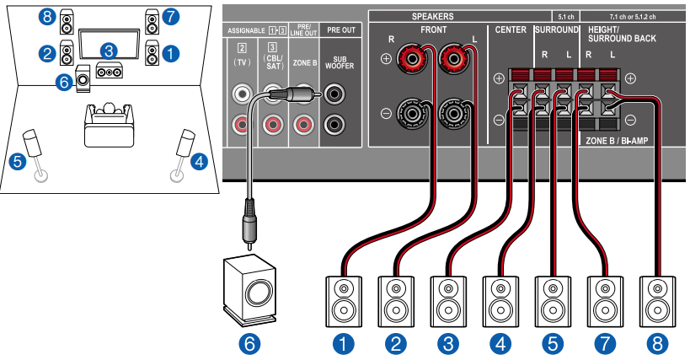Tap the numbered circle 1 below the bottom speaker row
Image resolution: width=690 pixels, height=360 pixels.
342,343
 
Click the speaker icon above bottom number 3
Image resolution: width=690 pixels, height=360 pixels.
447,298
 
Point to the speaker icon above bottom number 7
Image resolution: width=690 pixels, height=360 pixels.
605,298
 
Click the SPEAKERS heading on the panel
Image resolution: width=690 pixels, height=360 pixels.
432,16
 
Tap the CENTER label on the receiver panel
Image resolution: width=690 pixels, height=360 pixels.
510,30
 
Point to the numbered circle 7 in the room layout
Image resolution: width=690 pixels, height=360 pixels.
172,16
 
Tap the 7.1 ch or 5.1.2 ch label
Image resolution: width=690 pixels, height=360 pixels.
634,16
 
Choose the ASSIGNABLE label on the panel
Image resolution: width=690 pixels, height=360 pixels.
245,30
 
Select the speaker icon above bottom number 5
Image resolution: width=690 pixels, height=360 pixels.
553,298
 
